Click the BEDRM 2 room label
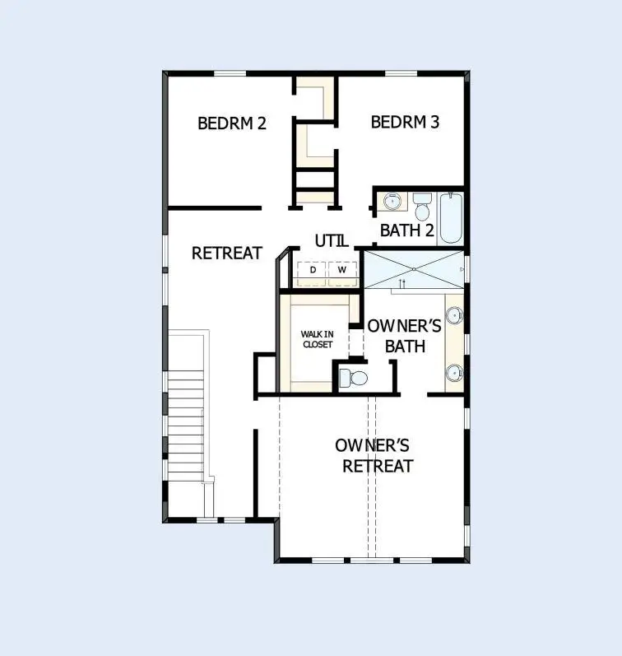[x=232, y=123]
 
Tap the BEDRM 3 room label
[x=405, y=123]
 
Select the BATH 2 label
[x=406, y=230]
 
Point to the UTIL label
[x=332, y=241]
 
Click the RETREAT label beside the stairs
[x=227, y=253]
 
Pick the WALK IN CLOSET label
[x=317, y=339]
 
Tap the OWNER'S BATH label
[x=404, y=336]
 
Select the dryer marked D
[x=313, y=270]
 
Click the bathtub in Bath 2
[x=451, y=217]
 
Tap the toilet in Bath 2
[x=422, y=207]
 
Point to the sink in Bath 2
[x=393, y=199]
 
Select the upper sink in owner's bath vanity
[x=454, y=314]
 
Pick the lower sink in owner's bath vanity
[x=454, y=371]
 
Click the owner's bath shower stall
[x=414, y=269]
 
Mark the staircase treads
[x=185, y=424]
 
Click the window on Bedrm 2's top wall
[x=230, y=73]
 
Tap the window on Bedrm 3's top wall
[x=401, y=73]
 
